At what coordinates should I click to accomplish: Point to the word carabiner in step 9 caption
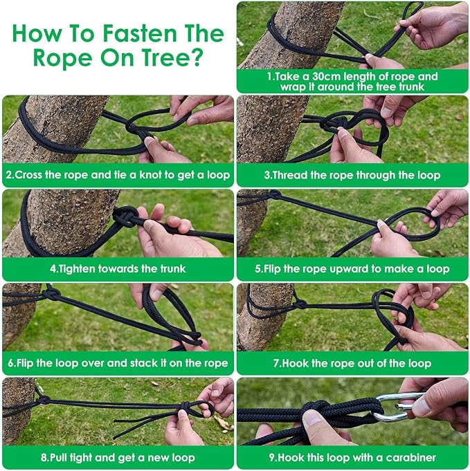pyautogui.click(x=410, y=457)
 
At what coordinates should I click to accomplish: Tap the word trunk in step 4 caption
pyautogui.click(x=172, y=268)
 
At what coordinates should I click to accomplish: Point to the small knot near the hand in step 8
pyautogui.click(x=185, y=406)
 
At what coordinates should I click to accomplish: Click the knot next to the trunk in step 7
pyautogui.click(x=299, y=304)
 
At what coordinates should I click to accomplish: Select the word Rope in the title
pyautogui.click(x=62, y=57)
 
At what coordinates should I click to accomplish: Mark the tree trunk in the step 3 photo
pyautogui.click(x=271, y=129)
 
